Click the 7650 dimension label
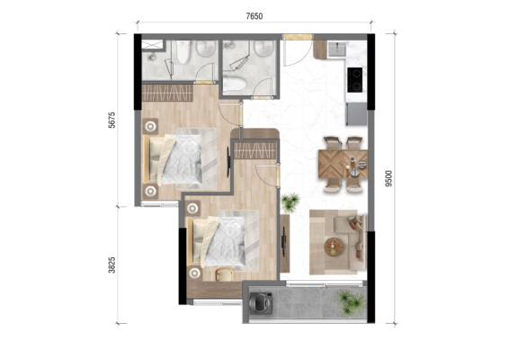click(x=254, y=16)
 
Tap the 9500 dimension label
click(x=388, y=178)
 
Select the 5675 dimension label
click(x=112, y=120)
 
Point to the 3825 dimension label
click(x=112, y=265)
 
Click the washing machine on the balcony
click(x=261, y=303)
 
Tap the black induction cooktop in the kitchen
click(x=355, y=80)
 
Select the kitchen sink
click(x=337, y=49)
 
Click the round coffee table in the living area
click(x=334, y=247)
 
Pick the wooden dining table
click(x=343, y=164)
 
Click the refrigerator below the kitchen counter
click(x=356, y=114)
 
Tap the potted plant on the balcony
click(x=352, y=303)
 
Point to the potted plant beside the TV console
click(x=290, y=202)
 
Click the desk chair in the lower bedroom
click(x=224, y=274)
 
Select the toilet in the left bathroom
click(x=183, y=52)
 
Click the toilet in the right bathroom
click(x=235, y=84)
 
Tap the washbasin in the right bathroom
click(x=263, y=48)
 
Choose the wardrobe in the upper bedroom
click(x=167, y=93)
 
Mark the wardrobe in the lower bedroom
click(x=254, y=150)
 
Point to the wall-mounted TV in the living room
click(x=284, y=241)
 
